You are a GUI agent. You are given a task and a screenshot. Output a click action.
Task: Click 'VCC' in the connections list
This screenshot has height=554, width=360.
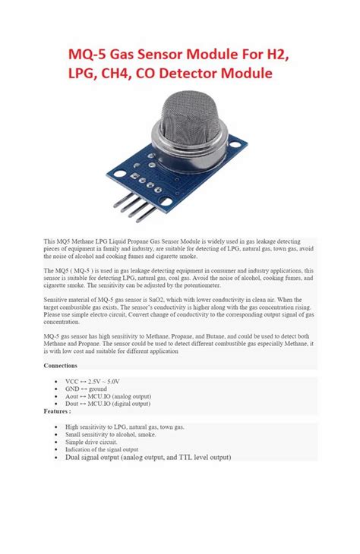tap(72, 381)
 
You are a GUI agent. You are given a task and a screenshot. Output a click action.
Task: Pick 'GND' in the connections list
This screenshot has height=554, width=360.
tap(72, 389)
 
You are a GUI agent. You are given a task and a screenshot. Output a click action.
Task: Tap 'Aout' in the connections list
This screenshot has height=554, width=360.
tap(73, 396)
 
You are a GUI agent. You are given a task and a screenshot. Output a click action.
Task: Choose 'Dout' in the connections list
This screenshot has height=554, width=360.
tap(73, 404)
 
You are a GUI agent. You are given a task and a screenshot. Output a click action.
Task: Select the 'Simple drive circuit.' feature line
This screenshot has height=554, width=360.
tap(91, 442)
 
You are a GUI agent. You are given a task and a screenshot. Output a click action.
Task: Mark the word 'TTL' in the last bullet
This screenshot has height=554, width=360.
tap(178, 458)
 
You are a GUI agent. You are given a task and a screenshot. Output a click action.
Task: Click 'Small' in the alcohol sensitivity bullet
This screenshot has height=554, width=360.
tap(73, 434)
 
